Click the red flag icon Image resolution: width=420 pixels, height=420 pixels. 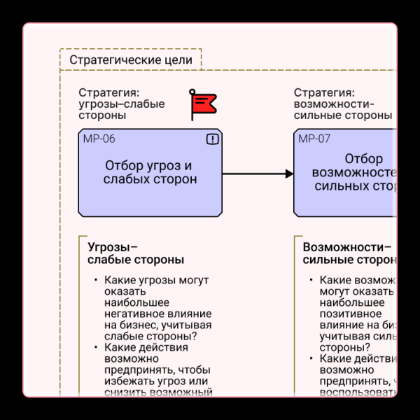coord(204,104)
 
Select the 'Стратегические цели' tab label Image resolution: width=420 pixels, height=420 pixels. coord(131,60)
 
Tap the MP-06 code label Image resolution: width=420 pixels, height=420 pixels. coord(99,139)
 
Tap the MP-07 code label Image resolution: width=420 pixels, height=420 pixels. coord(314,139)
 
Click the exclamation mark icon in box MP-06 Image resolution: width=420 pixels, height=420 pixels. coord(213,139)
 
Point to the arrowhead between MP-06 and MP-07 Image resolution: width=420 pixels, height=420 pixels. coord(289,174)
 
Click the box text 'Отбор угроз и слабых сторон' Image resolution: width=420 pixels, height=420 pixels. coord(150,172)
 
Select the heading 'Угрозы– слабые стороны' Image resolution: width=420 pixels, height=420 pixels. coord(136,253)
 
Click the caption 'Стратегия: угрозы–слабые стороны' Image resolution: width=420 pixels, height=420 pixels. coord(122,104)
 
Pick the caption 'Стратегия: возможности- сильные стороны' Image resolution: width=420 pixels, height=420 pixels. coord(342,104)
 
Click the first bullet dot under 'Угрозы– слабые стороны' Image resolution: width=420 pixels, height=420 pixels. coord(96,280)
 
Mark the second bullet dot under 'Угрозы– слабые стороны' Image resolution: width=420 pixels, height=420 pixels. coord(96,347)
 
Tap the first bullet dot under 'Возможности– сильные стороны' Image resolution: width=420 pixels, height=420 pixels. coord(311,280)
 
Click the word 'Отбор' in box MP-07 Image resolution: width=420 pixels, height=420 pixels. coord(363,159)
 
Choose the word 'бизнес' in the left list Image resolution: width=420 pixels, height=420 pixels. coord(141,325)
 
